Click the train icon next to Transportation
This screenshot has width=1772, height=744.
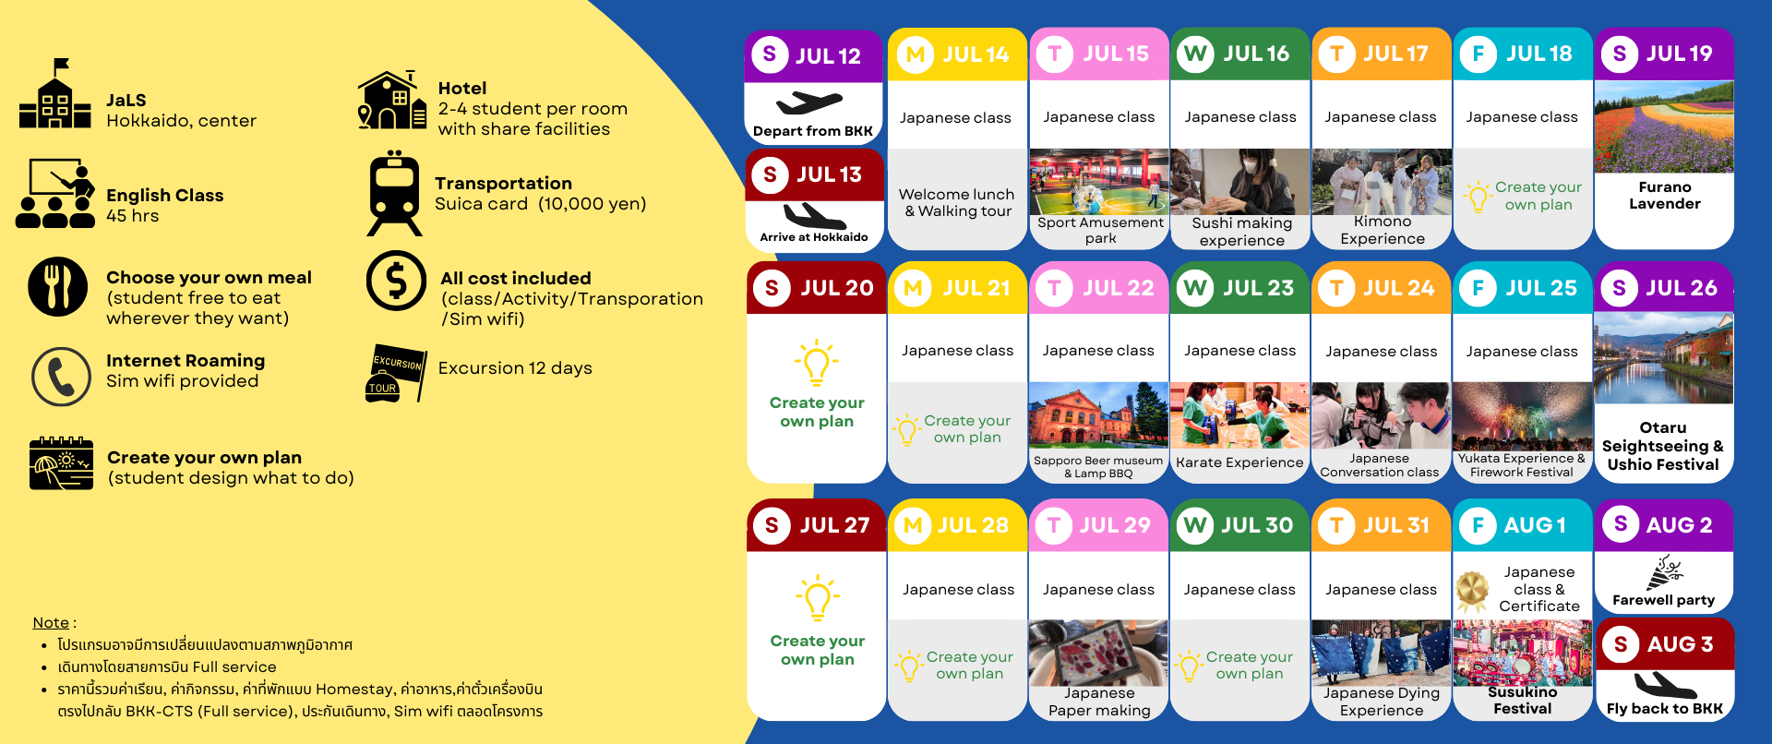pos(395,193)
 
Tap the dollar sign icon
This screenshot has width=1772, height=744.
pos(396,281)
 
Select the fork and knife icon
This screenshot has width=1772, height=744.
pos(58,287)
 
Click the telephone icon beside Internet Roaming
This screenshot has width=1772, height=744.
pos(61,377)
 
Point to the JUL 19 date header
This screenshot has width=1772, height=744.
pos(1664,54)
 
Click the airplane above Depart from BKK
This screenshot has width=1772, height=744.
pos(809,102)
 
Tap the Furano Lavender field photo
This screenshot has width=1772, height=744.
pos(1664,127)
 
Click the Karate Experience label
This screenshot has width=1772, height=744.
pos(1239,462)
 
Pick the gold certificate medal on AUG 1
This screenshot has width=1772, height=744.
pos(1473,590)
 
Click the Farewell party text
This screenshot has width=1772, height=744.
pos(1663,600)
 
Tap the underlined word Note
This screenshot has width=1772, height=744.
pos(51,623)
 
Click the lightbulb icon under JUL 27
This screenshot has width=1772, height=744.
pos(818,598)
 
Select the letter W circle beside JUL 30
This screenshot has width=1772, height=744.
pos(1195,525)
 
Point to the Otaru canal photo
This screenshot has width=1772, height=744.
pos(1663,358)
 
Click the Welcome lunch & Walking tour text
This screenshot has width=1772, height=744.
pos(957,203)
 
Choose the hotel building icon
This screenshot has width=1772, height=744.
pos(392,100)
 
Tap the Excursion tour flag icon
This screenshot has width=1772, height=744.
pos(397,373)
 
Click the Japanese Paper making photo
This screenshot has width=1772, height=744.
pos(1098,653)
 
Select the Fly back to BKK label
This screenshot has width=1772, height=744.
pos(1664,709)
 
